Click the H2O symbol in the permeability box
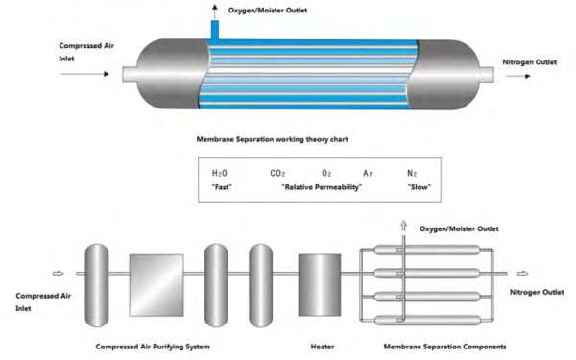[220, 172]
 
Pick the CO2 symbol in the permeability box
[278, 172]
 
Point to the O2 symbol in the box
[326, 172]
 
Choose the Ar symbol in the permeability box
[367, 172]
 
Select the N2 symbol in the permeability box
[414, 172]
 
